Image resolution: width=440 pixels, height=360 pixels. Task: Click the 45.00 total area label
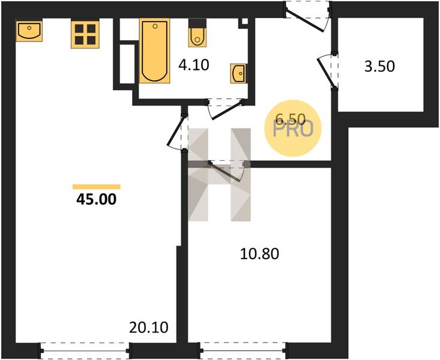tap(96, 199)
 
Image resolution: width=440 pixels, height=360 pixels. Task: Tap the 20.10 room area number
tap(149, 328)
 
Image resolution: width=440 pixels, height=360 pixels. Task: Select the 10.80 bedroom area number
tap(259, 254)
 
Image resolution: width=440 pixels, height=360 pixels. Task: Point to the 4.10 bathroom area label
tap(194, 65)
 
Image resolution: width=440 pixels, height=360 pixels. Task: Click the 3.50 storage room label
tap(379, 67)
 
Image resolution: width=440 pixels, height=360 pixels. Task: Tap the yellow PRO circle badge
tap(293, 128)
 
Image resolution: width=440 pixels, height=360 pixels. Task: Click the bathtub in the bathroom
tap(155, 51)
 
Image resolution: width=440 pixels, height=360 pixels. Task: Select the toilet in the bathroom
tap(197, 32)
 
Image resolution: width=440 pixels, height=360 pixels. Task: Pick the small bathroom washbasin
tap(239, 74)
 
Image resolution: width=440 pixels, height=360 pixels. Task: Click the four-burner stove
tap(85, 35)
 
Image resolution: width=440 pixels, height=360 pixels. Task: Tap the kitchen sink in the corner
tap(29, 31)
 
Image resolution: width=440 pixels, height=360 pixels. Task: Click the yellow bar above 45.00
tap(97, 187)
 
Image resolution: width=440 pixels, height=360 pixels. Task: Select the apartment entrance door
tap(308, 17)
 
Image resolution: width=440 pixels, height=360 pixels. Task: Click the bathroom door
tap(225, 109)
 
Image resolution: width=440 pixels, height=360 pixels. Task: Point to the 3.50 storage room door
tap(328, 71)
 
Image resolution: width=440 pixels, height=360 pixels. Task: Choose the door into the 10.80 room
tap(227, 170)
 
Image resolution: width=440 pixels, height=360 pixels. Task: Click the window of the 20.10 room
tap(85, 351)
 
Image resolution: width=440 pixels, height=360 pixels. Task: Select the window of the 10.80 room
tap(243, 351)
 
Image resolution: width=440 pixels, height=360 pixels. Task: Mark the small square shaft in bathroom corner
tap(245, 22)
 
